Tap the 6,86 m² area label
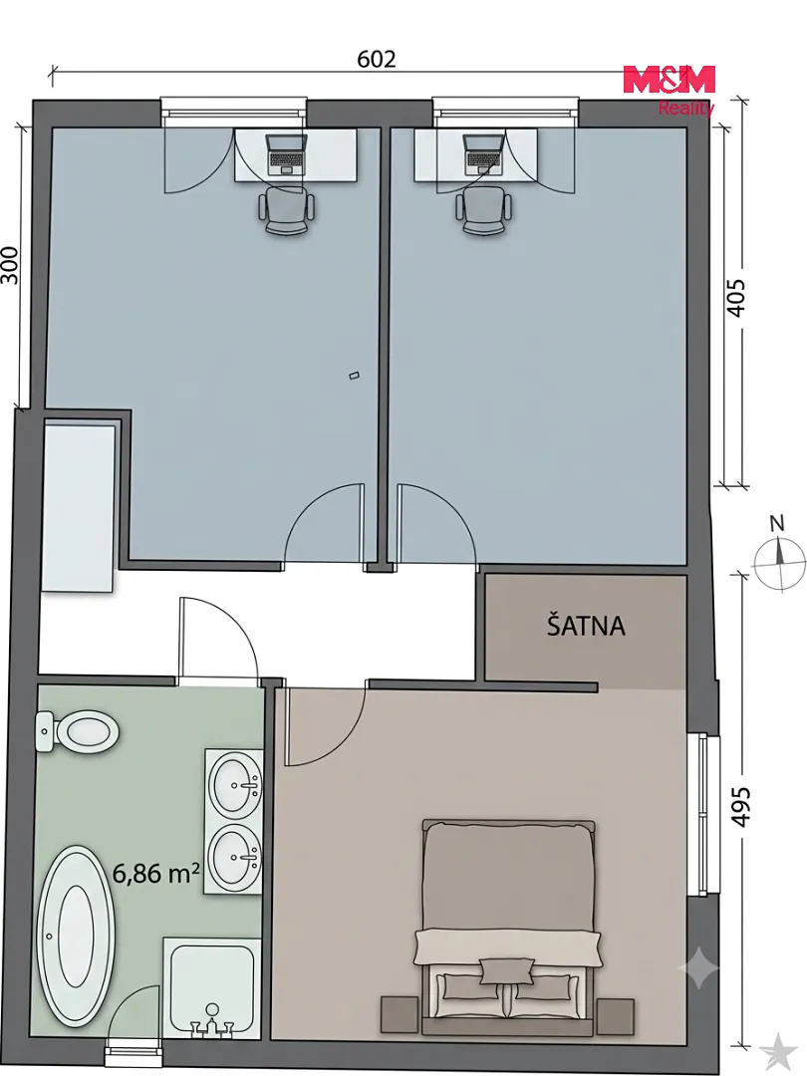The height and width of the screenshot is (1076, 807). coord(155,873)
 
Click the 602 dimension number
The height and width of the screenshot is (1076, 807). coord(377,59)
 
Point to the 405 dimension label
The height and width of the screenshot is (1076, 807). coord(735,297)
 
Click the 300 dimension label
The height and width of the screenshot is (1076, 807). coord(10,265)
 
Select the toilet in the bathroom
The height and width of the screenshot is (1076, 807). coord(77,732)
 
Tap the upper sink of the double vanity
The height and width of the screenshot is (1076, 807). coord(235,784)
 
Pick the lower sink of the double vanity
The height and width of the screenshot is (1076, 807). coord(235,857)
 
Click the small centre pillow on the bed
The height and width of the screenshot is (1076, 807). coord(506,970)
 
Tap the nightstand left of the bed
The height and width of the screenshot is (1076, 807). coord(400,1014)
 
